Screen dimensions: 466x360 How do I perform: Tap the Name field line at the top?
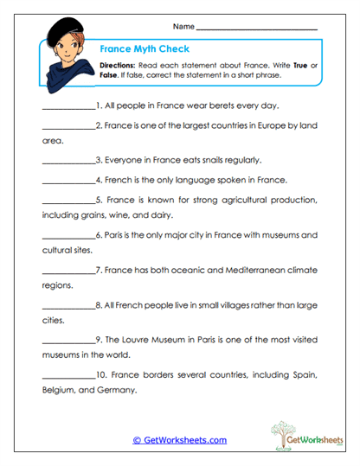point(257,30)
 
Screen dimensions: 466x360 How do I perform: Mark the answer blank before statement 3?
point(67,162)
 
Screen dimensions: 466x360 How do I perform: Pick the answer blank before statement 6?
point(67,236)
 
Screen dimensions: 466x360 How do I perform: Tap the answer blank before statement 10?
point(67,376)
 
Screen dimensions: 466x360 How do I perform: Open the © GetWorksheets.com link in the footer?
point(179,440)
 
